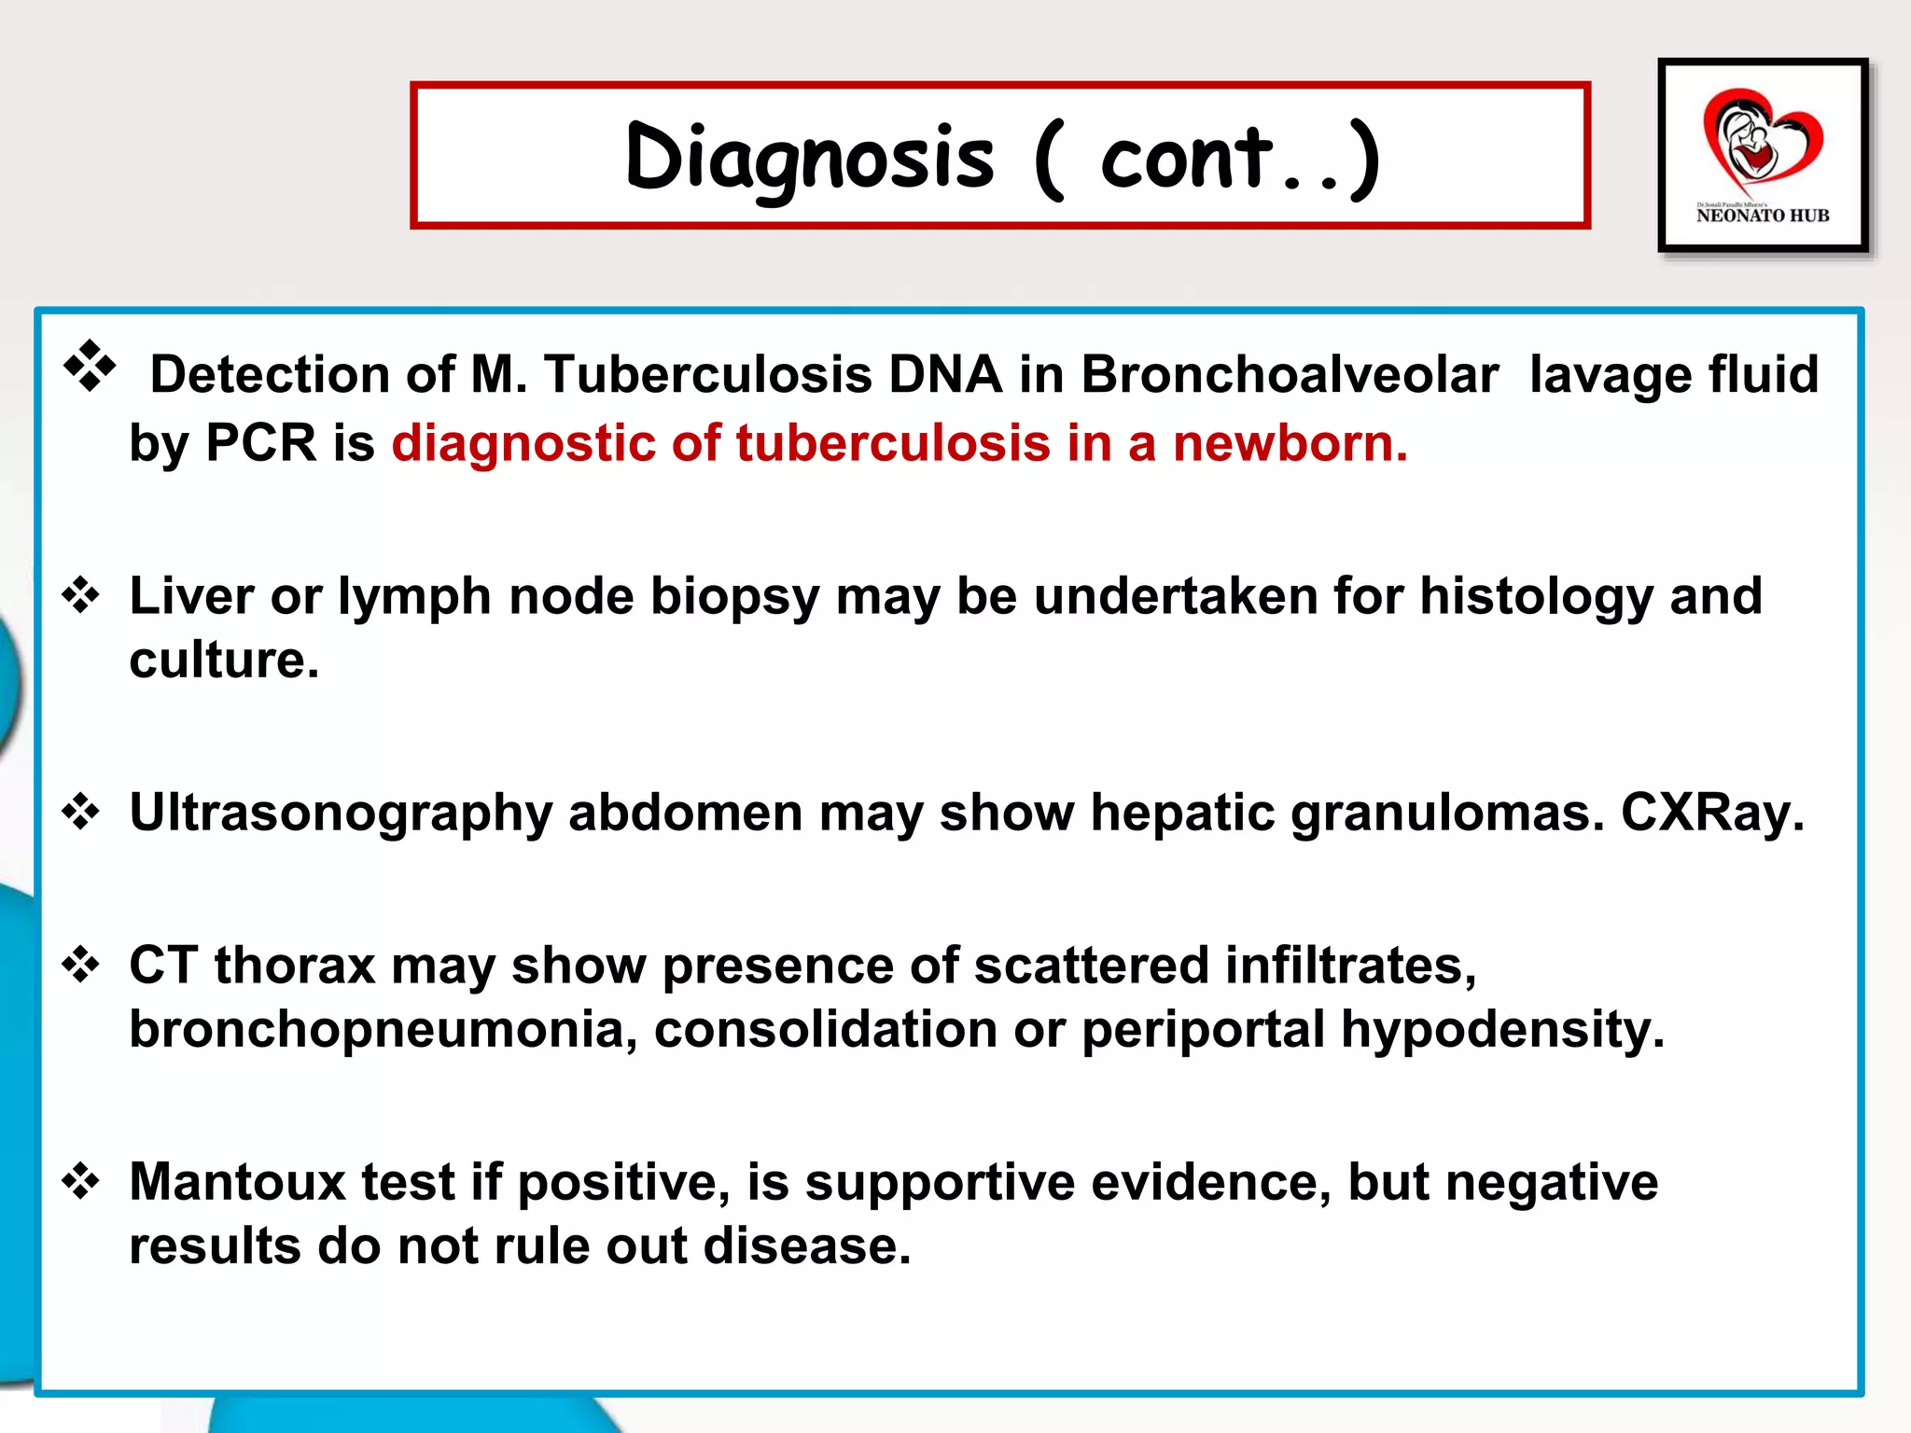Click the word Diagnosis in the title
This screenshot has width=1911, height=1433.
tap(810, 159)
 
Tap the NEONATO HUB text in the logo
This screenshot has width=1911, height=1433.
tap(1763, 216)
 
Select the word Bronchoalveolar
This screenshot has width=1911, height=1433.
tap(1290, 375)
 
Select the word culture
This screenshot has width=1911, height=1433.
tap(224, 661)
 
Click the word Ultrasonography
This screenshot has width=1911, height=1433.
tap(341, 813)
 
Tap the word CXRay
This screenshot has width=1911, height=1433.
tap(1712, 813)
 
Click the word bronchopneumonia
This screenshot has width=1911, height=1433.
tap(384, 1029)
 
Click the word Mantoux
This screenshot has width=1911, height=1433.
tap(238, 1182)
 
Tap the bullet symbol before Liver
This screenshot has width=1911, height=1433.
tap(81, 595)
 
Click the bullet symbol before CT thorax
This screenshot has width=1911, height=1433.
tap(81, 965)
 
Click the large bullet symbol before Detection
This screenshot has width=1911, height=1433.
tap(90, 367)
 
